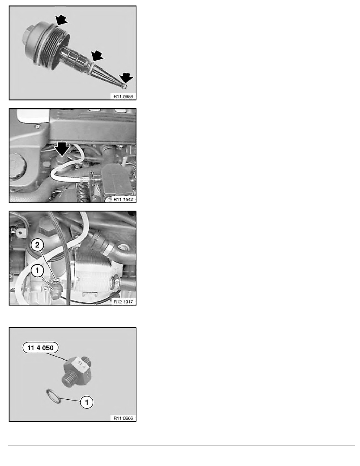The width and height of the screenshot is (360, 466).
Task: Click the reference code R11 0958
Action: pyautogui.click(x=123, y=96)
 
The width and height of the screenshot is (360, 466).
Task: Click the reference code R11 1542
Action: pyautogui.click(x=123, y=199)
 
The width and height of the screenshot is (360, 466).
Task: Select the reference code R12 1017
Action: pyautogui.click(x=123, y=302)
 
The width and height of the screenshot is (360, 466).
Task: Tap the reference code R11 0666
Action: pyautogui.click(x=123, y=418)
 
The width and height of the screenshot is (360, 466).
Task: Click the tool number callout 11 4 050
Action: pyautogui.click(x=40, y=348)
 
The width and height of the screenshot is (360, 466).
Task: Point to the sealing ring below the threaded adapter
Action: pyautogui.click(x=54, y=396)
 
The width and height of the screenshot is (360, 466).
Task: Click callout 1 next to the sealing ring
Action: pyautogui.click(x=86, y=402)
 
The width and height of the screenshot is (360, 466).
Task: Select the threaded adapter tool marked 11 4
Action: pyautogui.click(x=78, y=371)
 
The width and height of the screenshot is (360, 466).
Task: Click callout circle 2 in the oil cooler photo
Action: pyautogui.click(x=37, y=245)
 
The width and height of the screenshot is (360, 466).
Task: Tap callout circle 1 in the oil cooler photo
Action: pyautogui.click(x=37, y=270)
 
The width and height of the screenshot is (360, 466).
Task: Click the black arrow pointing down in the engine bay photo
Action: pyautogui.click(x=62, y=149)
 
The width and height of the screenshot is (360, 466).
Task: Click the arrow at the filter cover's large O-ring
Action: pyautogui.click(x=61, y=20)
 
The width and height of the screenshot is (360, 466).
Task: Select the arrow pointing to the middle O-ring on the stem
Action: pyautogui.click(x=97, y=56)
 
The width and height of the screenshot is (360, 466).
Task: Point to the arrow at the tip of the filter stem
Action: pyautogui.click(x=127, y=78)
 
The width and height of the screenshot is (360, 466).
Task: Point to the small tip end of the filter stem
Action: pyautogui.click(x=125, y=86)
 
